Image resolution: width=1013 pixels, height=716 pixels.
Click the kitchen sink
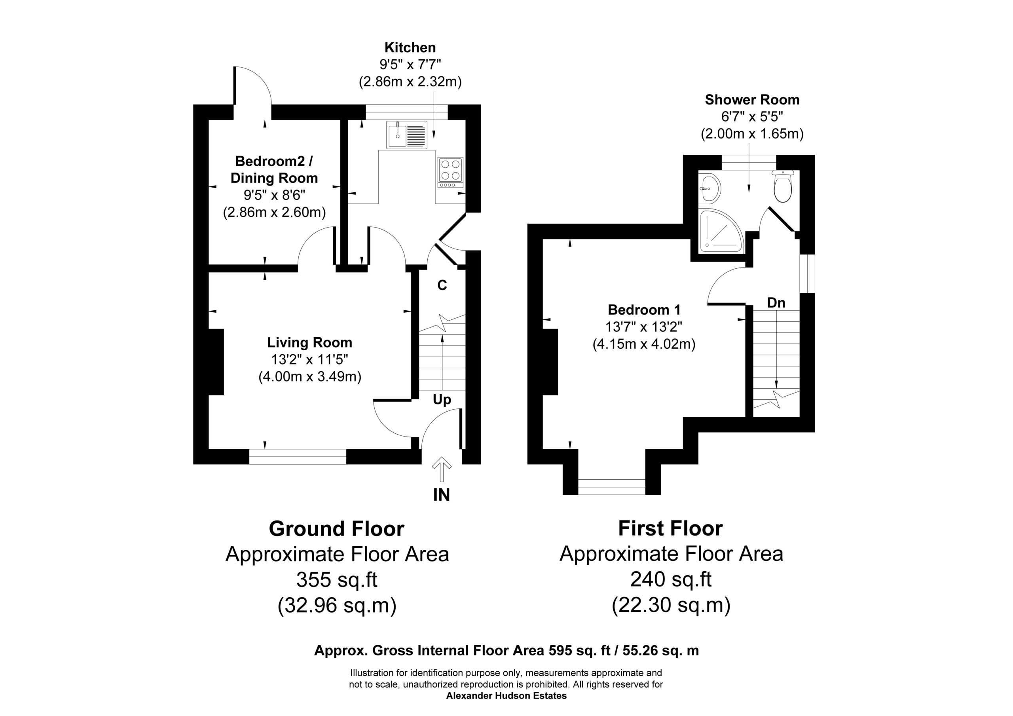click(407, 135)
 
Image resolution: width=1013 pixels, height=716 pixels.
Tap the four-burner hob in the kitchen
click(450, 172)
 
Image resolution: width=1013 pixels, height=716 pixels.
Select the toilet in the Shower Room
click(783, 186)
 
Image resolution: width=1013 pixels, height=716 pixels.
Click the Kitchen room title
click(410, 47)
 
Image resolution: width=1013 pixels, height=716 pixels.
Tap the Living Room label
click(309, 342)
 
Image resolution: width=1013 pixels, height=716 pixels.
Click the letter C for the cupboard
click(442, 286)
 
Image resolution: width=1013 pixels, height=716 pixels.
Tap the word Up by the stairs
click(442, 400)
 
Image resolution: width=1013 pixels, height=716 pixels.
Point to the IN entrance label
click(441, 495)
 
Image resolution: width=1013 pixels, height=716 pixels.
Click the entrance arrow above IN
click(441, 469)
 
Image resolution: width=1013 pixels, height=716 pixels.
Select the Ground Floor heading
click(337, 529)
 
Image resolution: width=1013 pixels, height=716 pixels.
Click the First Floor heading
click(671, 528)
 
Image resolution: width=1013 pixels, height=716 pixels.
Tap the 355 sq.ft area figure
click(337, 579)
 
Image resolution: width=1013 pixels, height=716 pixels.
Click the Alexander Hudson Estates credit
click(506, 696)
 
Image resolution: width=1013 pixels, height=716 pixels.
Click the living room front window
click(298, 456)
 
